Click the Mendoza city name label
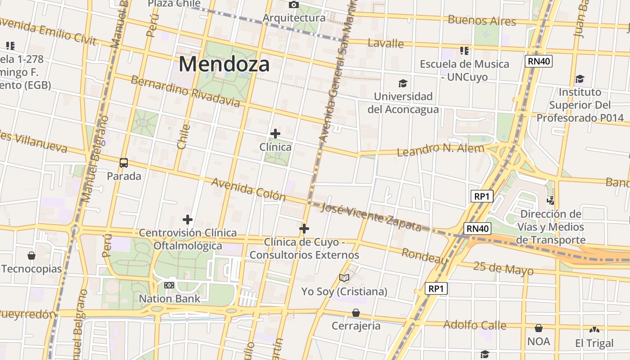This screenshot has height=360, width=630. point(224,64)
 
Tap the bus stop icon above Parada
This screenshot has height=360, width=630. point(124,162)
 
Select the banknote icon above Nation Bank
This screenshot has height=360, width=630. point(169,285)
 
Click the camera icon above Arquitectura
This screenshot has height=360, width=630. point(293,4)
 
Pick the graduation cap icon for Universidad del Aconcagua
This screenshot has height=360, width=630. point(403,83)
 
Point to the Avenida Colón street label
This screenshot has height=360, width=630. point(248,189)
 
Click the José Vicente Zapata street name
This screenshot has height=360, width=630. point(371,217)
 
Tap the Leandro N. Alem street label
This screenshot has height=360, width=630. point(440,149)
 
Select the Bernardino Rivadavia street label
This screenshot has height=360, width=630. point(185,92)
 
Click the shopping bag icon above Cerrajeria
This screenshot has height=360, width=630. point(356,312)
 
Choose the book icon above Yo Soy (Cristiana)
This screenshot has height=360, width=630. point(344,278)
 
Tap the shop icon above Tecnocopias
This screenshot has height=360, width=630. point(31,256)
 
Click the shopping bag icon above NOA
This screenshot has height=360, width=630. point(538,328)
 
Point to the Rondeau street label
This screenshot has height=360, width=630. point(424,256)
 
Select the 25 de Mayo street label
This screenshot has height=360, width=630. point(503,268)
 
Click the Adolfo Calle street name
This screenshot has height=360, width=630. point(475,325)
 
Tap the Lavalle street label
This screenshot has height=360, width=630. point(386,43)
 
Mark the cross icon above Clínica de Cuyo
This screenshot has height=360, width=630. point(304,229)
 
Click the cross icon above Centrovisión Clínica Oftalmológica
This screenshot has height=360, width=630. point(188,220)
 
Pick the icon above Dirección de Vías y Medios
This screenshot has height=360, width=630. point(550,200)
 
